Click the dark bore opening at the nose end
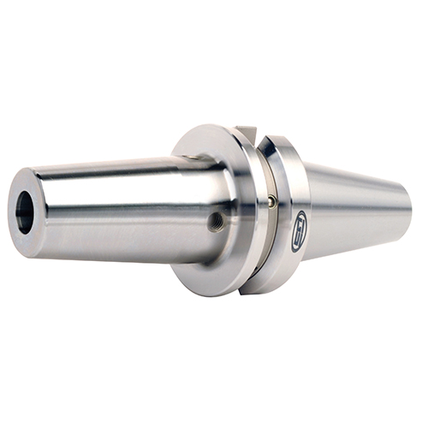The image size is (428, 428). (24, 212)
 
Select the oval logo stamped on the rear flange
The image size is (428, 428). (299, 231)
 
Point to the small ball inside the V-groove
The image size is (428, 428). (270, 201)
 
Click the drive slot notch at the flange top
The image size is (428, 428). (247, 131)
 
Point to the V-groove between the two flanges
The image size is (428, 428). (261, 214)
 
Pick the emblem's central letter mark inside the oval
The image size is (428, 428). (299, 231)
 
